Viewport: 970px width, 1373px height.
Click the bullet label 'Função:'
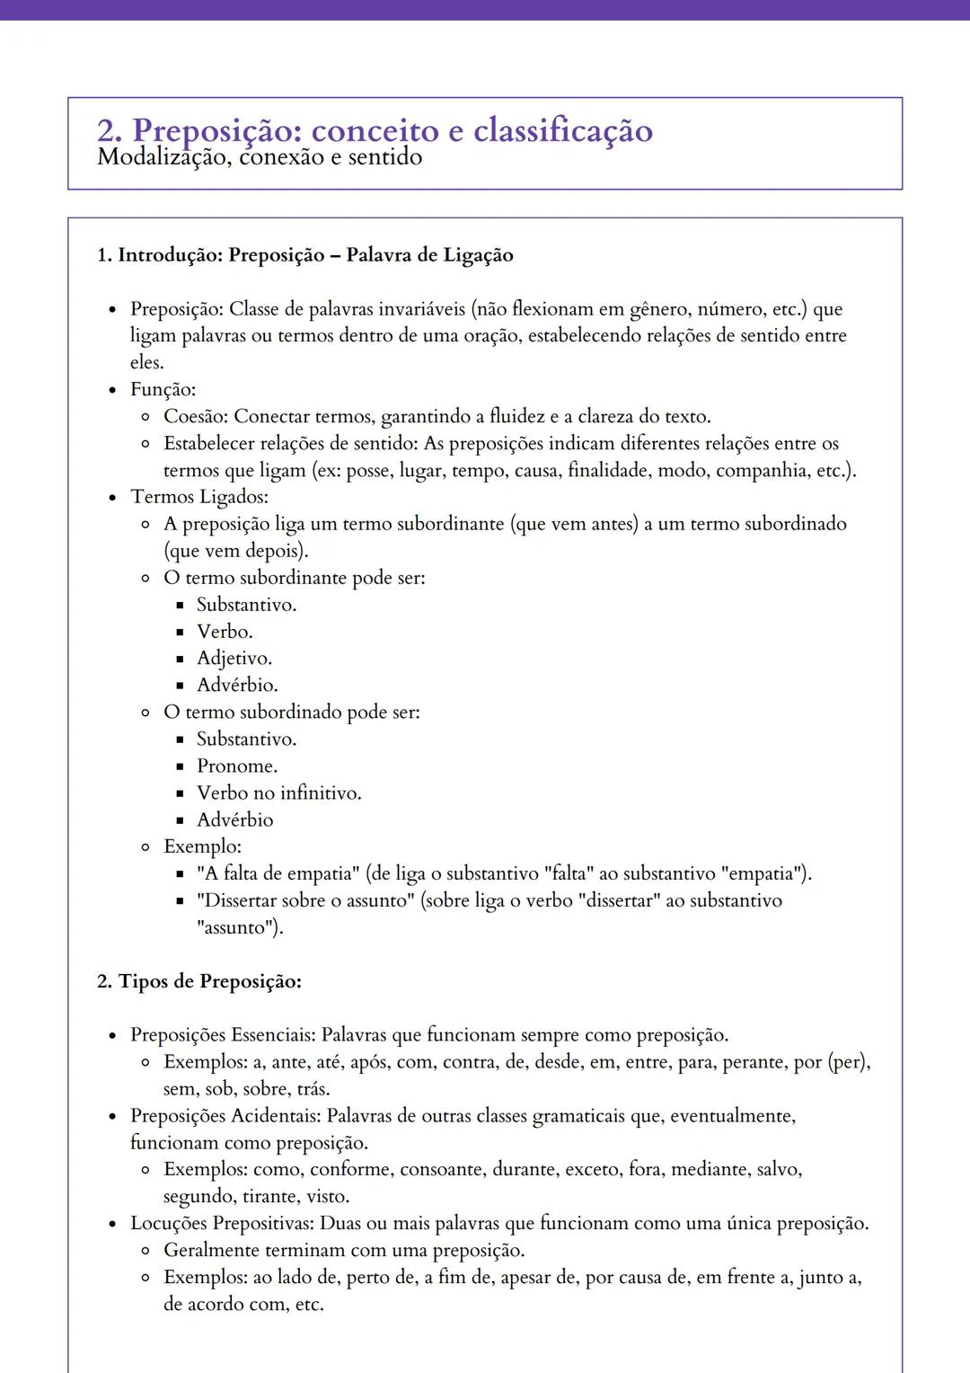pos(163,390)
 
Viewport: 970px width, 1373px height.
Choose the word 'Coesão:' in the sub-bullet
pos(196,417)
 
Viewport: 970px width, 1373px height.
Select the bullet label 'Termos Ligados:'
pos(199,497)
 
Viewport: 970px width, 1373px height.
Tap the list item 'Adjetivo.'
pos(234,659)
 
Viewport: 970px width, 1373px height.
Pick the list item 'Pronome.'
pos(237,766)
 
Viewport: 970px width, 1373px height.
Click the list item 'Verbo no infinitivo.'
pos(278,793)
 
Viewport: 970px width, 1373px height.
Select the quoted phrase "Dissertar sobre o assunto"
pos(304,900)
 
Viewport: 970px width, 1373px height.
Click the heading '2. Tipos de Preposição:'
pos(198,981)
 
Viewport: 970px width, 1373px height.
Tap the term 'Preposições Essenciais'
pos(222,1035)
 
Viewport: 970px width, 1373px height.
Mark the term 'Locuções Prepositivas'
pos(221,1224)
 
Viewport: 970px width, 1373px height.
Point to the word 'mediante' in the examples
pos(709,1170)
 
